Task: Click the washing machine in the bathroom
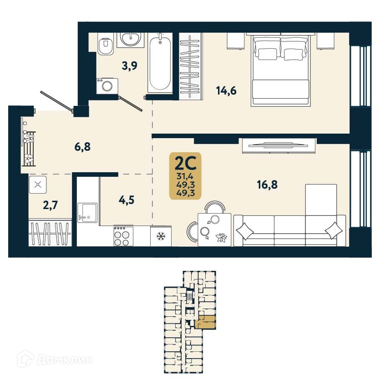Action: (x=107, y=86)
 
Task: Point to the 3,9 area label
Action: (x=130, y=65)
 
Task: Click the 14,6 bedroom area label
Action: (x=226, y=91)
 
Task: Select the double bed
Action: (x=281, y=70)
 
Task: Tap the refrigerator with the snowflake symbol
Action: (x=160, y=236)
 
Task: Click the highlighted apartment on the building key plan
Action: (x=207, y=322)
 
